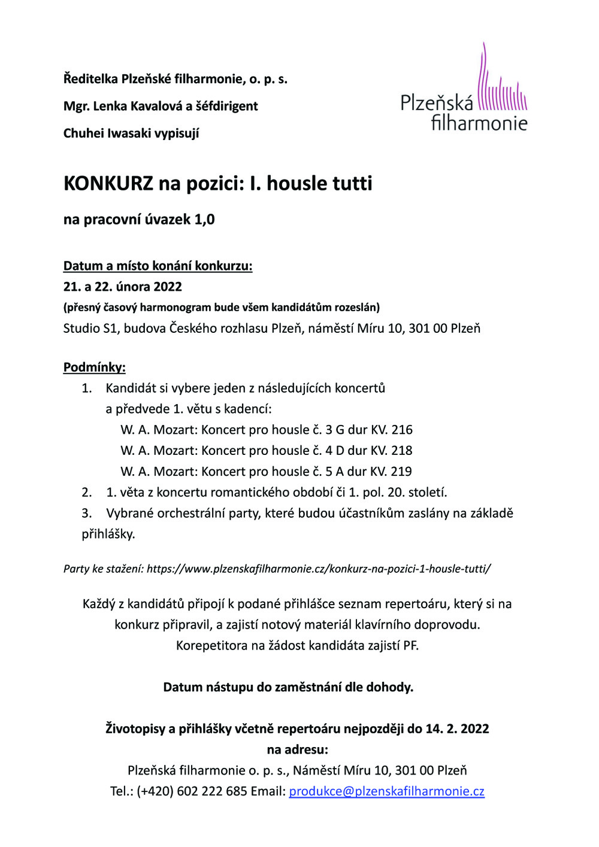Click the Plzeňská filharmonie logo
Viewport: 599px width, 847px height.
click(x=464, y=90)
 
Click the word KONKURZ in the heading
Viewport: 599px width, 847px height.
click(x=108, y=183)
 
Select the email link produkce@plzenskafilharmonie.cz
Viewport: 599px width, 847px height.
click(x=386, y=791)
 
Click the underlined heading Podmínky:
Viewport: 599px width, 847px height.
click(x=95, y=368)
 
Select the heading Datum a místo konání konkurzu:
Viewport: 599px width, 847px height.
click(x=158, y=266)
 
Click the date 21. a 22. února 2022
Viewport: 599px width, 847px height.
click(x=123, y=287)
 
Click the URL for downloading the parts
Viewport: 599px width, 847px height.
click(x=319, y=569)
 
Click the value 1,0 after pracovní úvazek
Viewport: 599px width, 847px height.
click(x=204, y=220)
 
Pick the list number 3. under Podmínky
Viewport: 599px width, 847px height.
click(x=87, y=514)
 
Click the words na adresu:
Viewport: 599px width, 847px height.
click(x=297, y=749)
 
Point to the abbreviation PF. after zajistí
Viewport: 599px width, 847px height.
click(x=410, y=646)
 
